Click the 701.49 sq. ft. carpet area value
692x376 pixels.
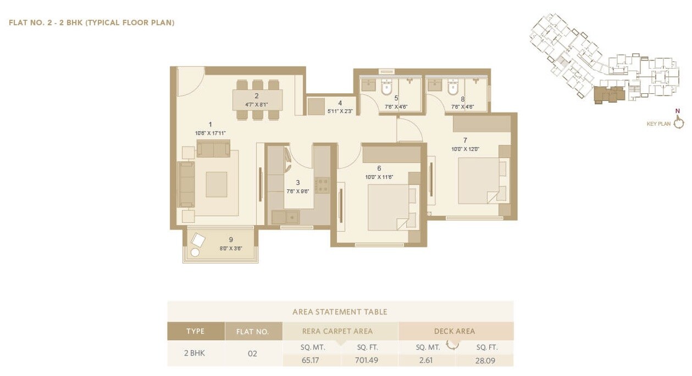[x=367, y=361]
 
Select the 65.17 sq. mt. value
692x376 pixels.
[x=311, y=361]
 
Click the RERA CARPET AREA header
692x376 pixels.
[x=337, y=331]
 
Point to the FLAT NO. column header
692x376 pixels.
[x=252, y=332]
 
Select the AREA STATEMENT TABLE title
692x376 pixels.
[x=340, y=312]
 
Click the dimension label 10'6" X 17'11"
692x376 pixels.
[x=210, y=133]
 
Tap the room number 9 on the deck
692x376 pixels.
[x=231, y=239]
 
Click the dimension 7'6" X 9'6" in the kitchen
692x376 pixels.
[x=298, y=192]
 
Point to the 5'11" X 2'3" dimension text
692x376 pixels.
[x=340, y=111]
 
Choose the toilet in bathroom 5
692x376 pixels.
[x=386, y=87]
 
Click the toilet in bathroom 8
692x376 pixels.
[x=452, y=87]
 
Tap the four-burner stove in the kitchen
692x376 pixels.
[x=322, y=185]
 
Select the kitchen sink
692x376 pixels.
[x=285, y=217]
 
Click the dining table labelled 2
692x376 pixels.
[x=257, y=100]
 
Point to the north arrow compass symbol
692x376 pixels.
[x=679, y=122]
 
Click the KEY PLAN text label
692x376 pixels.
[x=658, y=124]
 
